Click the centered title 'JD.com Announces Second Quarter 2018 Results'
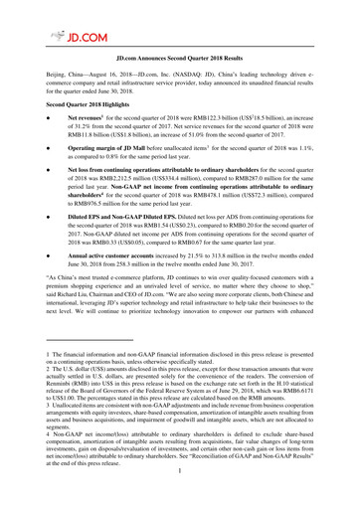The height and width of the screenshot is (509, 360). [179, 61]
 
